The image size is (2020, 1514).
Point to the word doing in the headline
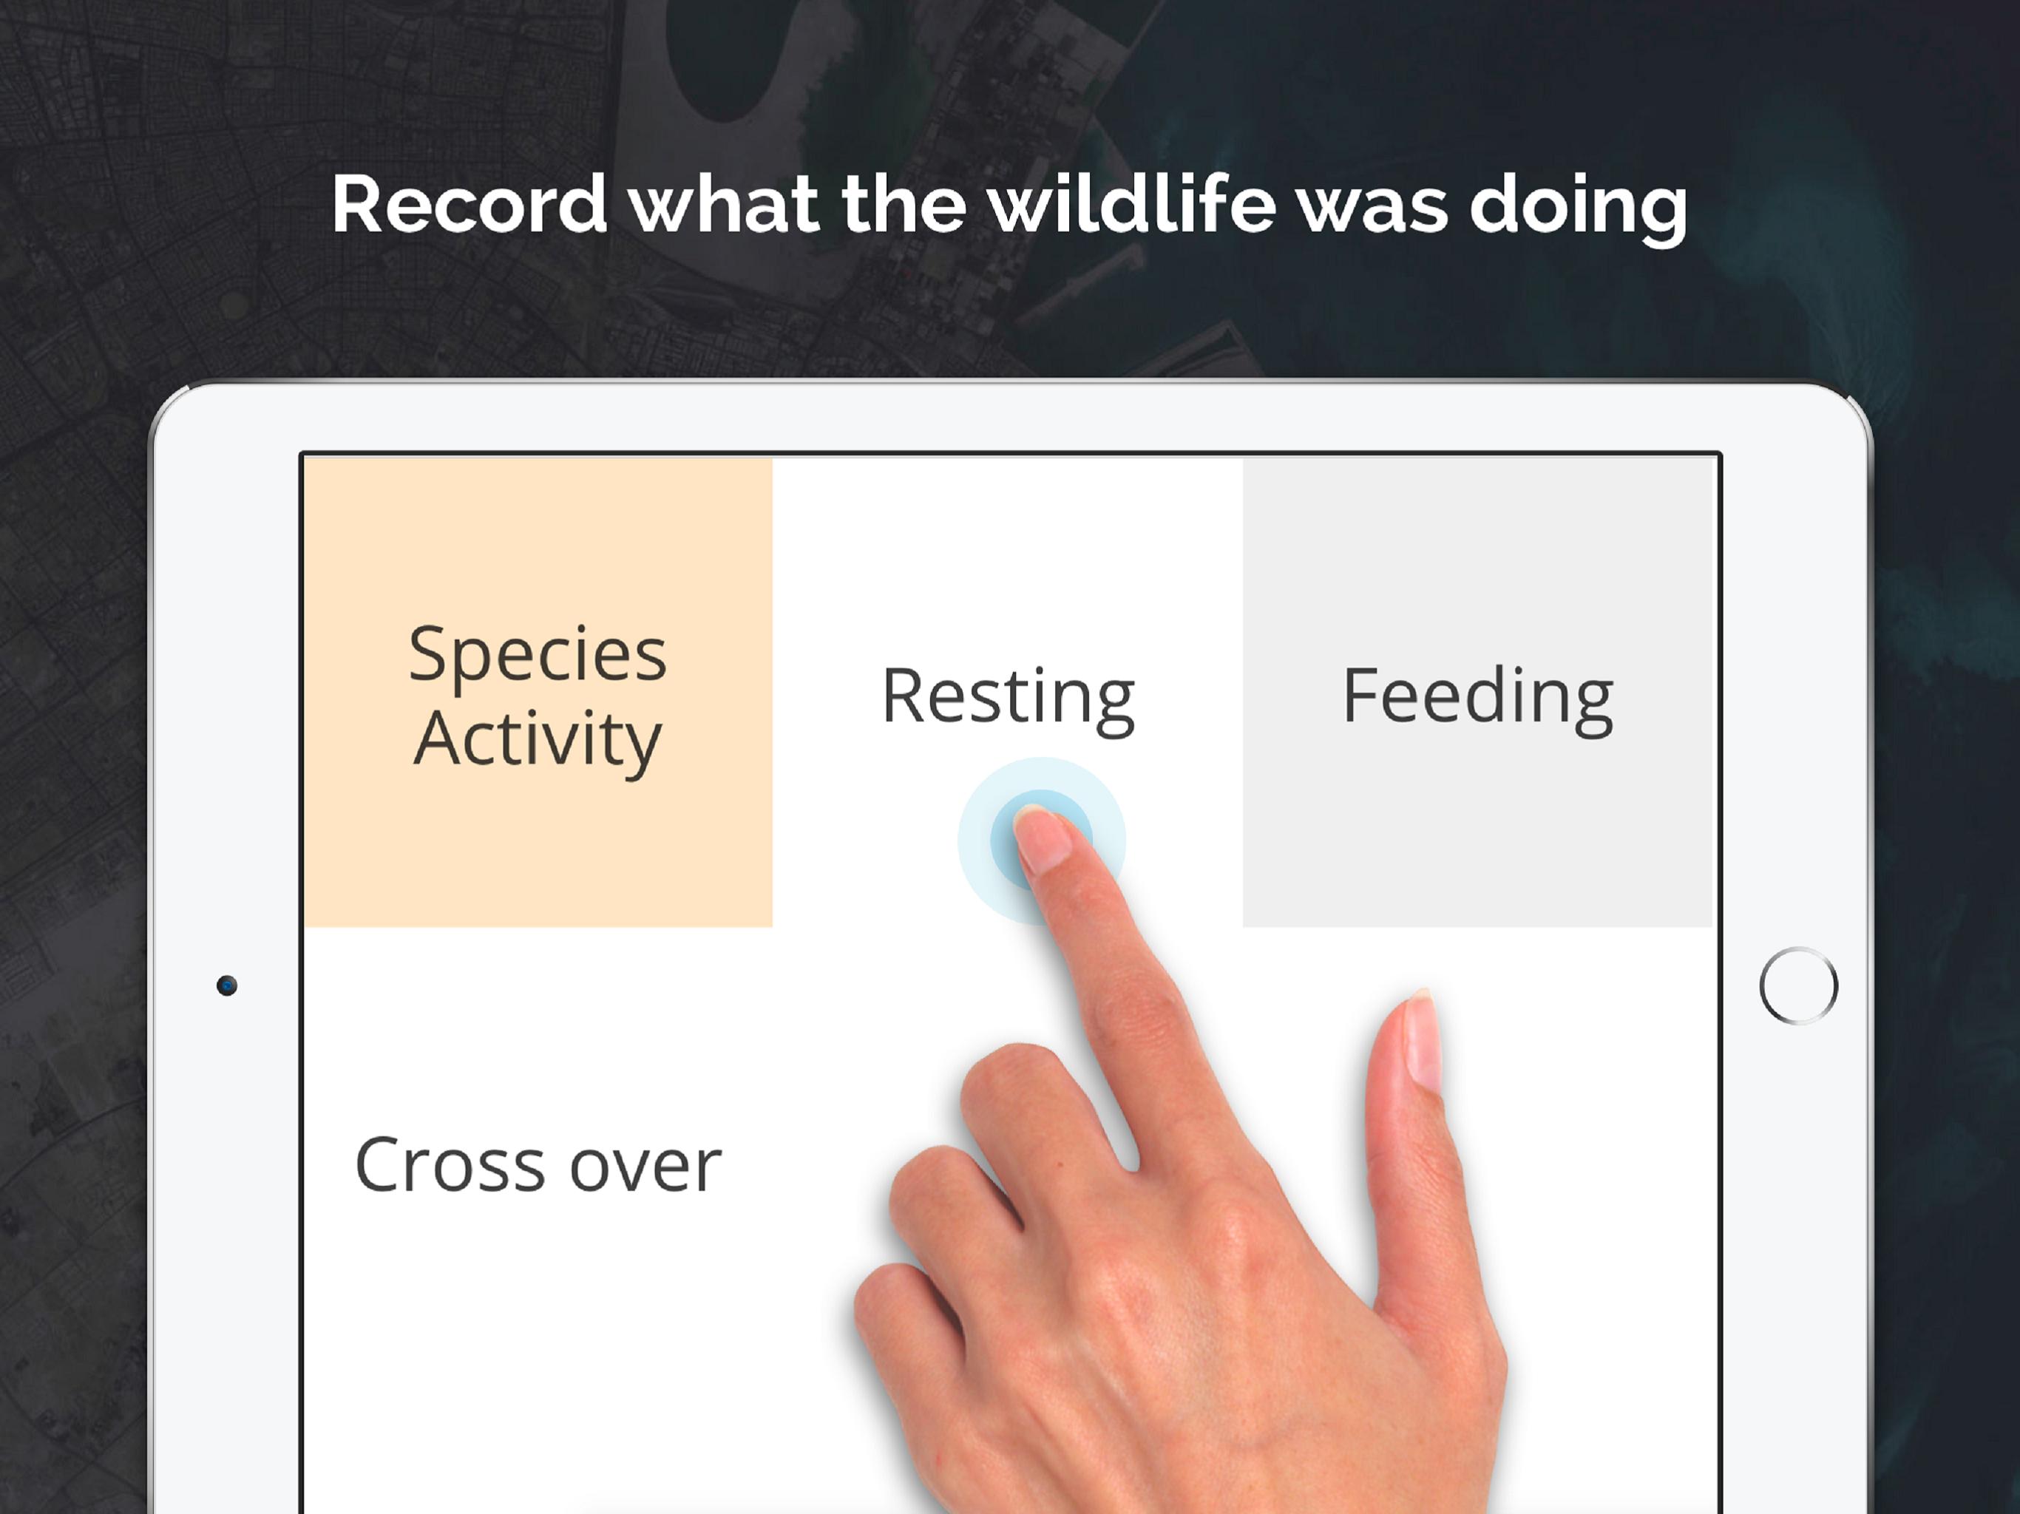click(1578, 209)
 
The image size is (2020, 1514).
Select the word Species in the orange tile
click(538, 656)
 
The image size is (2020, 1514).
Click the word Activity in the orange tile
click(538, 741)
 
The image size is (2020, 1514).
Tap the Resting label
click(1009, 699)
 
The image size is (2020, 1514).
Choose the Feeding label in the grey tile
click(1477, 699)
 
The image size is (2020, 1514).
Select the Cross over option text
click(538, 1165)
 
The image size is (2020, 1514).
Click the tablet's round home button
click(1798, 986)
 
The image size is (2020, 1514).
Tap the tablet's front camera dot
click(226, 985)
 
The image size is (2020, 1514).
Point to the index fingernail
click(1043, 838)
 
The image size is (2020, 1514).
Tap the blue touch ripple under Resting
click(1041, 840)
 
